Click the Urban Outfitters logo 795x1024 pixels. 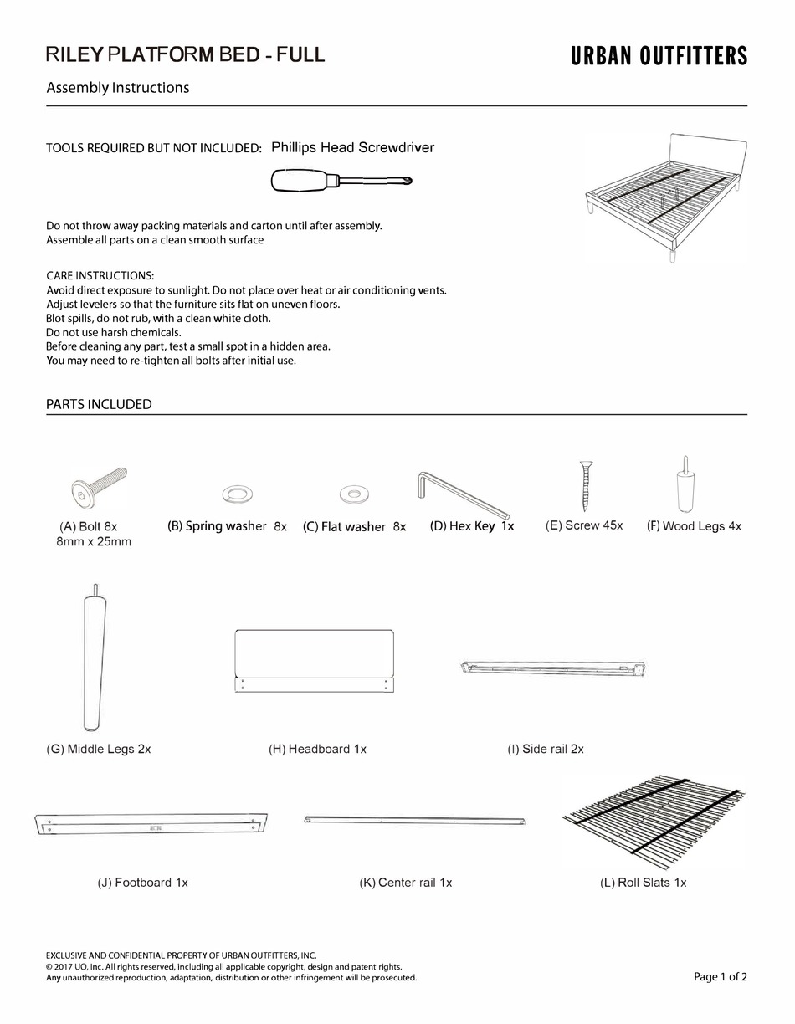click(659, 56)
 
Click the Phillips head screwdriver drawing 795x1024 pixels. click(341, 180)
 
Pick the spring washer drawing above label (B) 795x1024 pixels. click(237, 494)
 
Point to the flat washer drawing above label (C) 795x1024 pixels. click(354, 494)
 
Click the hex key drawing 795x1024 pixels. click(463, 494)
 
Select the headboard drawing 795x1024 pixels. click(314, 661)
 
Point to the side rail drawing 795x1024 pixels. click(554, 668)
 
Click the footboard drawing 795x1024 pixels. click(151, 823)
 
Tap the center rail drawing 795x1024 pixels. click(415, 821)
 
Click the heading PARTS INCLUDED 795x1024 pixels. click(99, 404)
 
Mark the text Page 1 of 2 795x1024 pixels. click(720, 976)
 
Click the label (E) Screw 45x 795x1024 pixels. click(584, 525)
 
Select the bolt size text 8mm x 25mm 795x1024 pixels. click(94, 541)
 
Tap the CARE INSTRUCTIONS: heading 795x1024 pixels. click(100, 275)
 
